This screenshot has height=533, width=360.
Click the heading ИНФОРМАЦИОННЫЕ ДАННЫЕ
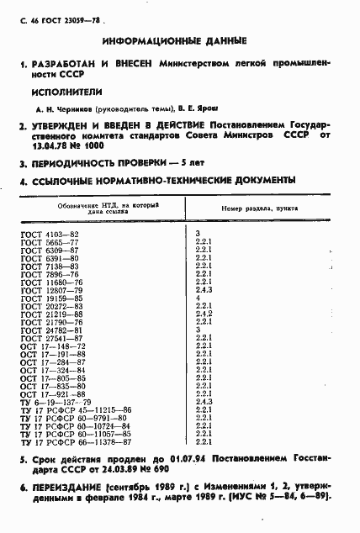coord(174,40)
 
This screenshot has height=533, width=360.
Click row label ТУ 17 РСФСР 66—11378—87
coord(75,441)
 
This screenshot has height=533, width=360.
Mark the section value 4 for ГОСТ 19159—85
coord(197,298)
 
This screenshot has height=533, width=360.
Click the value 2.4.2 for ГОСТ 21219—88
coord(203,314)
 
